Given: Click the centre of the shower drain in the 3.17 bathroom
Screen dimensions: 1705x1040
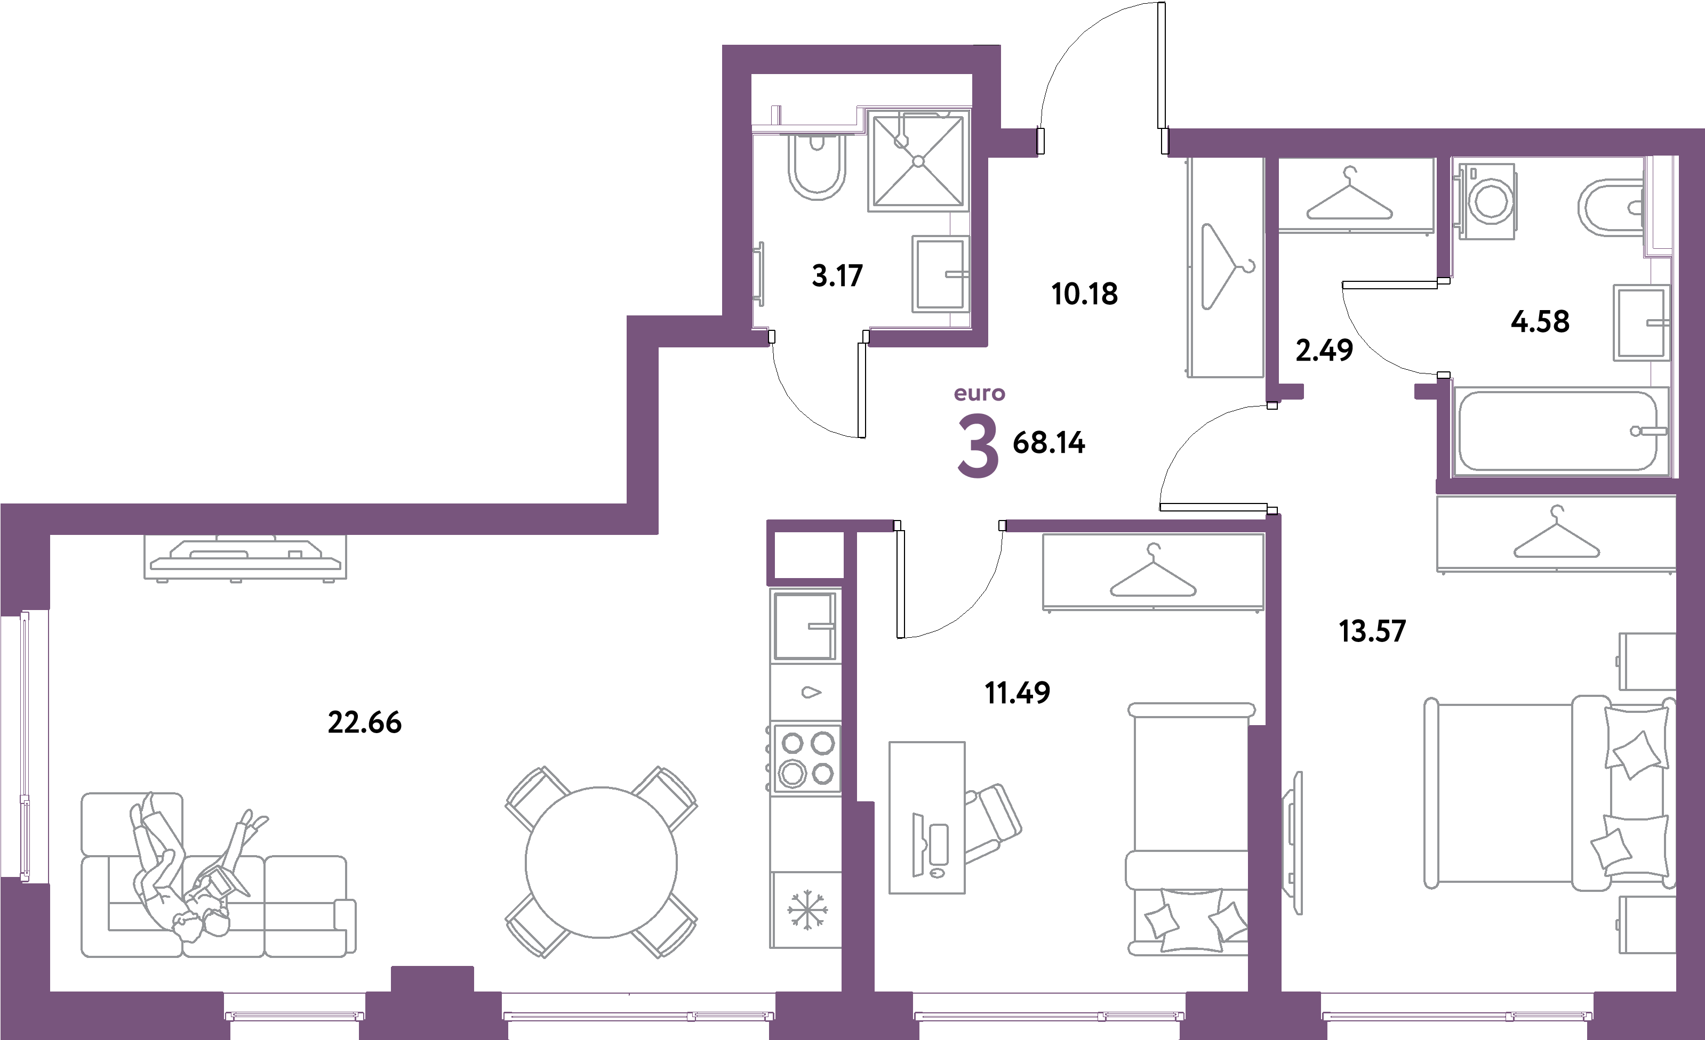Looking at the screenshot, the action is [918, 161].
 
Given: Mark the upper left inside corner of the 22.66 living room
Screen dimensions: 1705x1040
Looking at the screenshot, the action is [50, 534].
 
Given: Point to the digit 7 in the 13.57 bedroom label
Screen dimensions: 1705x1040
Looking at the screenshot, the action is [1396, 631].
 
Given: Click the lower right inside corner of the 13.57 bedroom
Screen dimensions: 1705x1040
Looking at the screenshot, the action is [1676, 992].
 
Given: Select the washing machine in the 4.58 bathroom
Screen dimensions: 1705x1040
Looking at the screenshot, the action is [1487, 201].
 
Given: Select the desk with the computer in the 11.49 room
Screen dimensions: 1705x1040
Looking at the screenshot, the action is [926, 817].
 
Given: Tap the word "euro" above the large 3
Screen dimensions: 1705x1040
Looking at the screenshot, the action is [979, 393].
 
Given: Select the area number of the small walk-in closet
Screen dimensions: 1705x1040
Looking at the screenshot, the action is [1324, 350].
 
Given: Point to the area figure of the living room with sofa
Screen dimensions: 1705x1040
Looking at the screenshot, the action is [365, 722].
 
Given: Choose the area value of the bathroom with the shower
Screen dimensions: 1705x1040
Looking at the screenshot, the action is [837, 276].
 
